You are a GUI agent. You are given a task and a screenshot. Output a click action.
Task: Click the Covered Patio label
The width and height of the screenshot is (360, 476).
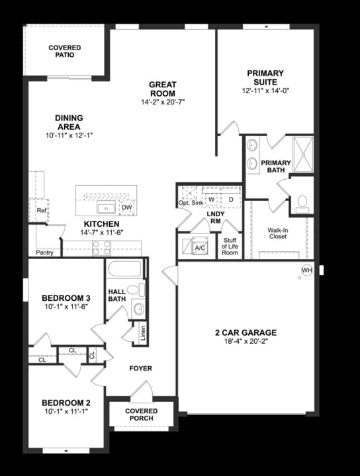pyautogui.click(x=65, y=51)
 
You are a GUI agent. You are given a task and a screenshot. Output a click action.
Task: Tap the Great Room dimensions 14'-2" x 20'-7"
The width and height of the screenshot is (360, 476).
pyautogui.click(x=161, y=102)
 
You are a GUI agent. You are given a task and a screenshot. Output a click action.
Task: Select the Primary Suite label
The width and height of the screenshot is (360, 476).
pyautogui.click(x=265, y=77)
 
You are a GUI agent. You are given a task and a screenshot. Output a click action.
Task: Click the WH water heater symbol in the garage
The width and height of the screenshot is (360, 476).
pyautogui.click(x=306, y=270)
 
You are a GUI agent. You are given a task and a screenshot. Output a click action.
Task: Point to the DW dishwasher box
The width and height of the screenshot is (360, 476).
pyautogui.click(x=127, y=208)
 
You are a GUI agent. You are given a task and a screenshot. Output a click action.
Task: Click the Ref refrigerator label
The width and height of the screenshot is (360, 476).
pyautogui.click(x=42, y=211)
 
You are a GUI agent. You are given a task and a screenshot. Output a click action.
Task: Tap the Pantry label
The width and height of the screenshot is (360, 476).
pyautogui.click(x=45, y=252)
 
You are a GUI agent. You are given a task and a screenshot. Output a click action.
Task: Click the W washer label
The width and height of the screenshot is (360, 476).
pyautogui.click(x=212, y=198)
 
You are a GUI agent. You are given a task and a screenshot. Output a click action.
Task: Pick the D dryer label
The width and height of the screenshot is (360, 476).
pyautogui.click(x=231, y=198)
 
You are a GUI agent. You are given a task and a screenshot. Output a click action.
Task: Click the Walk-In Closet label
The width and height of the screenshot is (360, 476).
pyautogui.click(x=277, y=233)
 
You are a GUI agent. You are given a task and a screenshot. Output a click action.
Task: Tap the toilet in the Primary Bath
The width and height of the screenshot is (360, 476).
pyautogui.click(x=302, y=203)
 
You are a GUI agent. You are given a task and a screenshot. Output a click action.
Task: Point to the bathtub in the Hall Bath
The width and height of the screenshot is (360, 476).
pyautogui.click(x=125, y=270)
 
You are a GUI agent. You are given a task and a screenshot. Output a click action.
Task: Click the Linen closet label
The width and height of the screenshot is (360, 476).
pyautogui.click(x=144, y=335)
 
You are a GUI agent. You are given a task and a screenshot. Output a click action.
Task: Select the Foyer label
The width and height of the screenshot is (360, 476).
pyautogui.click(x=140, y=368)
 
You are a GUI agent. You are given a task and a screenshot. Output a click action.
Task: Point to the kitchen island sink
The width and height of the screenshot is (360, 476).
pyautogui.click(x=106, y=208)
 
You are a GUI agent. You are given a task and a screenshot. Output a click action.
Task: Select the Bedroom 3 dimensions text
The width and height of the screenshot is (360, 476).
pyautogui.click(x=66, y=307)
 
